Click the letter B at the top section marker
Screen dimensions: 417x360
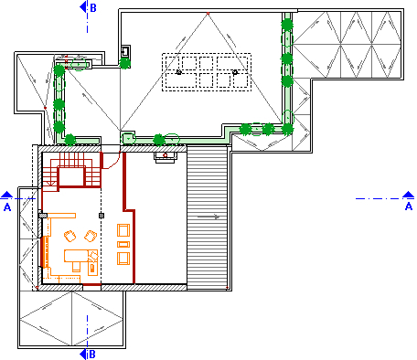(93, 8)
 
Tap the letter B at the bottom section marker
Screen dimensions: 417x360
(92, 355)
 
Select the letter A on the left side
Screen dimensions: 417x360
(7, 207)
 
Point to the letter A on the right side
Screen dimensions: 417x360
(409, 206)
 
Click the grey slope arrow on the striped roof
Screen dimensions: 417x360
(208, 217)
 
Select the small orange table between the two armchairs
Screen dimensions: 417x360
(123, 244)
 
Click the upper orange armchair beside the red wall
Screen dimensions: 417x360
(123, 230)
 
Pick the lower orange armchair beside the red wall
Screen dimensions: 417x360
(123, 259)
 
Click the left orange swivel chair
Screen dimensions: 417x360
(70, 236)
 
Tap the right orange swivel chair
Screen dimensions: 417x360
(91, 236)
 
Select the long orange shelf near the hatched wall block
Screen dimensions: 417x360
(61, 216)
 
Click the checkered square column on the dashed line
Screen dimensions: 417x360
(102, 216)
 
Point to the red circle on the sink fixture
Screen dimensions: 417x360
(165, 155)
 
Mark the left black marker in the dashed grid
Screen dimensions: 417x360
(179, 72)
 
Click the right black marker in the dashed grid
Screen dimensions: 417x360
(235, 72)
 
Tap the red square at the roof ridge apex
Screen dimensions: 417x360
(208, 14)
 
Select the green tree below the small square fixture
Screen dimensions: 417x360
(124, 64)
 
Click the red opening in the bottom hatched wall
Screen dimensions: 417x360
(91, 285)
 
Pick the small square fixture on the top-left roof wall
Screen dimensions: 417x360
(125, 51)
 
